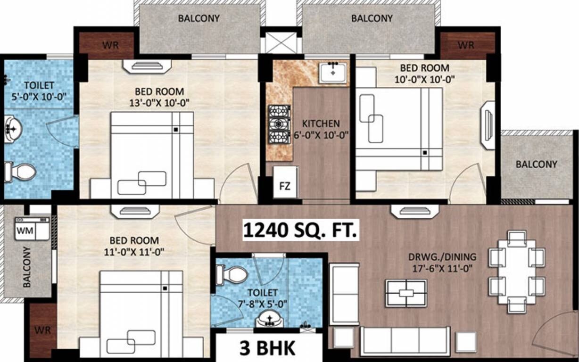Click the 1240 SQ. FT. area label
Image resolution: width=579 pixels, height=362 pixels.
click(300, 230)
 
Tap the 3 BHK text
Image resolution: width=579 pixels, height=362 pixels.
click(267, 349)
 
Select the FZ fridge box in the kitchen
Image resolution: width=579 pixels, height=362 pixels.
click(285, 185)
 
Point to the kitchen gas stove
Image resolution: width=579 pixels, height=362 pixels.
click(279, 124)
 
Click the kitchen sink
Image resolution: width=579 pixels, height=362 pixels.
click(333, 72)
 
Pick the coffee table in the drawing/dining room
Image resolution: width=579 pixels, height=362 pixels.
click(406, 293)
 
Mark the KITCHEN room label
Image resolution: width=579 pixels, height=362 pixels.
click(321, 124)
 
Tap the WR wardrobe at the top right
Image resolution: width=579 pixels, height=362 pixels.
click(466, 45)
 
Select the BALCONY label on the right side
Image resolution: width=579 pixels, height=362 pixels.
click(536, 165)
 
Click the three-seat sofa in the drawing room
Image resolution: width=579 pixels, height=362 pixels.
click(405, 340)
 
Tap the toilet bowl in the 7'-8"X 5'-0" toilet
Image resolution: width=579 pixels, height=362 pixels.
click(232, 274)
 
